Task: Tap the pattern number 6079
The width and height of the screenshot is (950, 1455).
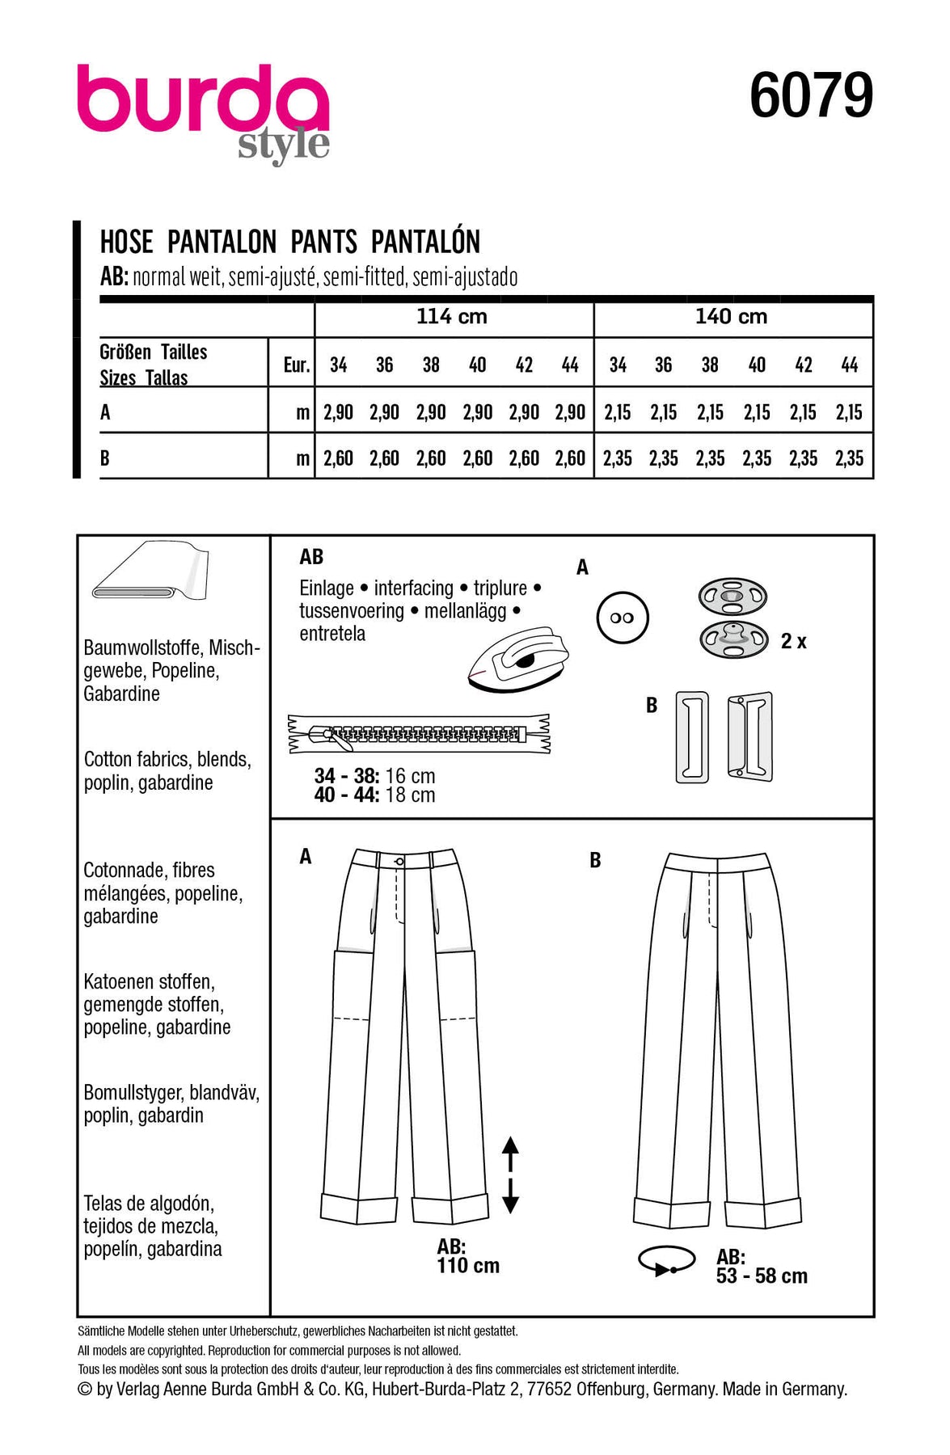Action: click(x=811, y=95)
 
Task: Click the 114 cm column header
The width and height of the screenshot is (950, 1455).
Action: click(x=452, y=316)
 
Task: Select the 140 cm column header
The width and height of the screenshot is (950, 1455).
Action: click(x=731, y=316)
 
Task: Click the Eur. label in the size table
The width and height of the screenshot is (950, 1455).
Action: click(x=296, y=365)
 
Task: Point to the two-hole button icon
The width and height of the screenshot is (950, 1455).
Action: click(x=622, y=618)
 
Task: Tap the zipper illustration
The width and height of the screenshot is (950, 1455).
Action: click(x=419, y=734)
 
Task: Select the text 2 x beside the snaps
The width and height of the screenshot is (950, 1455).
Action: click(x=793, y=641)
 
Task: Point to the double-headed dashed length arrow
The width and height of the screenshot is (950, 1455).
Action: click(x=510, y=1174)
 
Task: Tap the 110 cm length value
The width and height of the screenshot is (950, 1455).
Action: click(x=468, y=1266)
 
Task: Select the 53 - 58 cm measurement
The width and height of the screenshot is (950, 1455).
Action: click(x=762, y=1276)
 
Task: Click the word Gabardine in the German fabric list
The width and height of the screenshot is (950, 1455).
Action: click(x=122, y=694)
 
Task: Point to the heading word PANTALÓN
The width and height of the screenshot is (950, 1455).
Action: click(x=425, y=242)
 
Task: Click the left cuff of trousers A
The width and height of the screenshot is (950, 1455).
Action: click(x=359, y=1208)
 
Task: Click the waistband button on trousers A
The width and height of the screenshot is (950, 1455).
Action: click(x=399, y=862)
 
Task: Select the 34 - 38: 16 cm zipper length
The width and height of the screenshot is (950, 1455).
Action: click(x=374, y=776)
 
